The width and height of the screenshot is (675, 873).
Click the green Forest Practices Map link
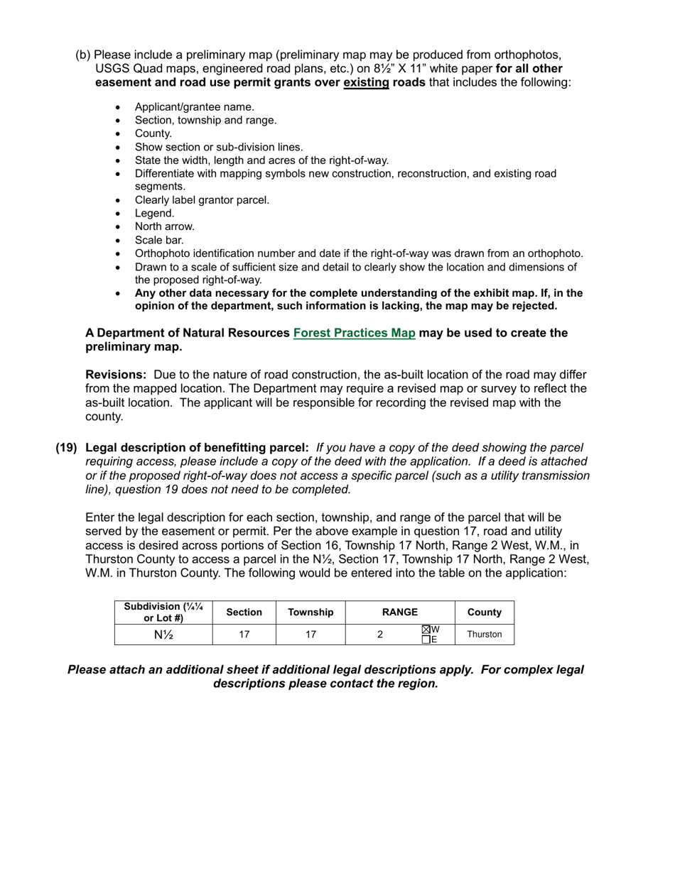pos(354,333)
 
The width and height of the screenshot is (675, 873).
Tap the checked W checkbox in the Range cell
pos(426,630)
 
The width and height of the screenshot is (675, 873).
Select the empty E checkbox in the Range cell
pos(426,639)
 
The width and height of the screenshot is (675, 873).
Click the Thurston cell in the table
pos(484,635)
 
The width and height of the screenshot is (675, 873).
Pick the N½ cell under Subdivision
pos(163,635)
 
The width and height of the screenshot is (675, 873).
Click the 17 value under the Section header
pos(244,635)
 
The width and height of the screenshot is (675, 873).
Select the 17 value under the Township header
pos(310,635)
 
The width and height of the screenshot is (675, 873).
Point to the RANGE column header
pos(400,612)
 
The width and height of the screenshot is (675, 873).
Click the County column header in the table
pos(484,612)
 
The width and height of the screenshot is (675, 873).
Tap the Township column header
pos(310,612)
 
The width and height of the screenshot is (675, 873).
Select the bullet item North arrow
pos(164,226)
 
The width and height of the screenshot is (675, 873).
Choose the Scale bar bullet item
pos(159,240)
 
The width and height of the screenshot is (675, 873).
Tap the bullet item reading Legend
pos(154,213)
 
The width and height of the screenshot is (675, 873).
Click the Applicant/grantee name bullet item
pos(194,107)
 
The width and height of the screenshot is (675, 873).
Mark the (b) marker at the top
pos(83,55)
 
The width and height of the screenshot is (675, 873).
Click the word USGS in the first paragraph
pos(111,69)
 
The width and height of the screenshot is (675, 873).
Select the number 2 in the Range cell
pos(380,635)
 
